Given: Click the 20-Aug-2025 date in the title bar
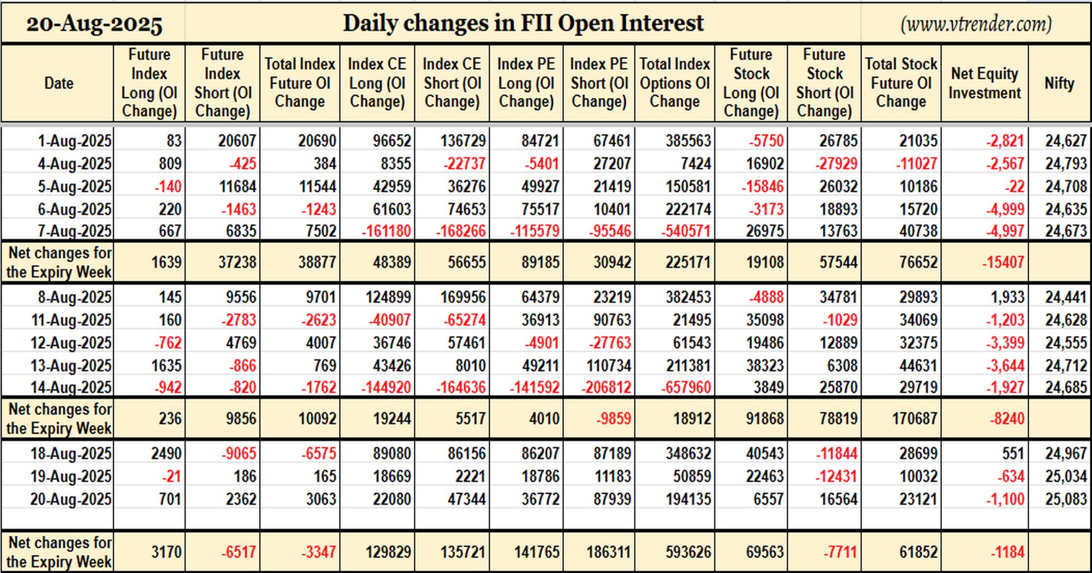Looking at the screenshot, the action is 94,24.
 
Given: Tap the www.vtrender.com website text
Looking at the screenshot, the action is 976,24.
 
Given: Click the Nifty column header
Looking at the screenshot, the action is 1059,83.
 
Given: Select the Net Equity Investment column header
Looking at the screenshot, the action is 984,83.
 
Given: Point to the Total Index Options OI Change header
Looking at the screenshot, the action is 675,83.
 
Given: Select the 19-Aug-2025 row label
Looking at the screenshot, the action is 70,476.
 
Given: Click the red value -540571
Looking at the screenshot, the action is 686,231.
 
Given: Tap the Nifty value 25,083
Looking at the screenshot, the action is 1066,499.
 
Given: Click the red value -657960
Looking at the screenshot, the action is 686,388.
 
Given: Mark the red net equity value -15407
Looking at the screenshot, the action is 1003,262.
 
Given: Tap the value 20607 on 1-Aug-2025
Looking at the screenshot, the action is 237,141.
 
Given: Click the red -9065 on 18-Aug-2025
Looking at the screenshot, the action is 239,453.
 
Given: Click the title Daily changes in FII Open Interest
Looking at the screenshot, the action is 523,23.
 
